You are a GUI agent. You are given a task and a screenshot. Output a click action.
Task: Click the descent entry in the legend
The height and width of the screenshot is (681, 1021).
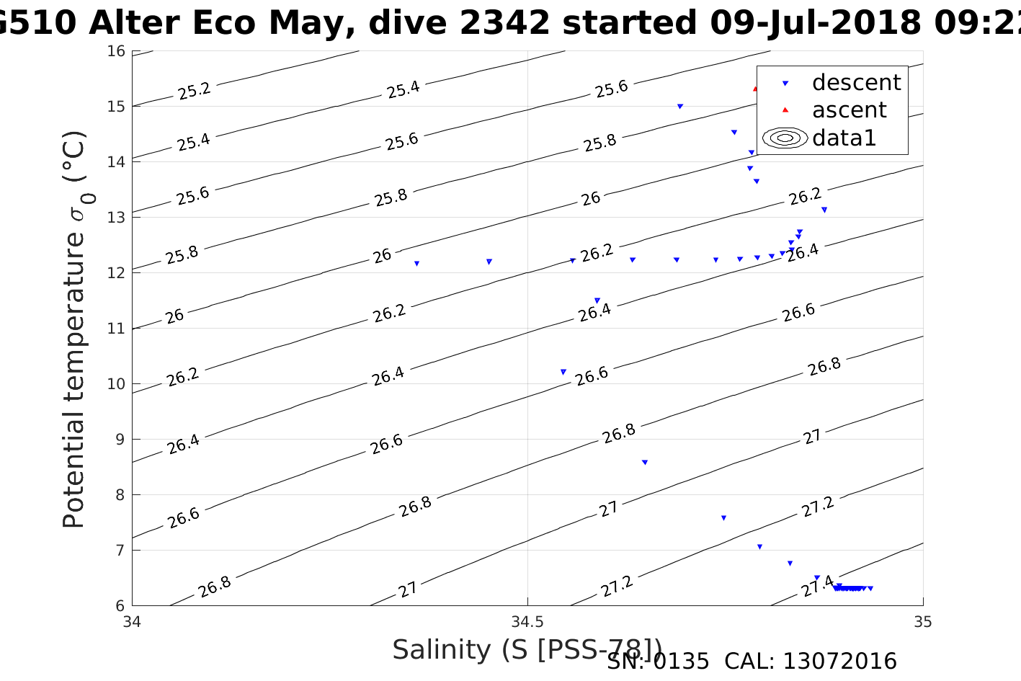856,83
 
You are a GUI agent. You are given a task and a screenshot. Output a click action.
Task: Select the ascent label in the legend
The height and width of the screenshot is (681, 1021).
849,110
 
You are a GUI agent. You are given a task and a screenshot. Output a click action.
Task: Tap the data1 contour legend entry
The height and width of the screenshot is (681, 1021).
843,138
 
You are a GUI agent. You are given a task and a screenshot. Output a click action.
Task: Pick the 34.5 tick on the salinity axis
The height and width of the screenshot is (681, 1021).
527,621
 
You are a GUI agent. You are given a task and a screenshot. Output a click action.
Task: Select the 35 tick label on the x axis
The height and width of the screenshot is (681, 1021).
923,621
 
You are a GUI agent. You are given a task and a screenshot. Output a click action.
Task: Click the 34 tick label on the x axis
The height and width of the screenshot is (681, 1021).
133,621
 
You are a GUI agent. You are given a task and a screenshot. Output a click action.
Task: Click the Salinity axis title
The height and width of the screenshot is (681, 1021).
526,650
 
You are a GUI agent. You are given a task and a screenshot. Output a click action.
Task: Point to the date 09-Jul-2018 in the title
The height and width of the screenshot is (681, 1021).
815,23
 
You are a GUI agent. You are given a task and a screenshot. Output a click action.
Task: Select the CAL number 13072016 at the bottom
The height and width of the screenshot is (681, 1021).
839,661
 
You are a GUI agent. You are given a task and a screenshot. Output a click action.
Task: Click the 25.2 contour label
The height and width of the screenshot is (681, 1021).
194,91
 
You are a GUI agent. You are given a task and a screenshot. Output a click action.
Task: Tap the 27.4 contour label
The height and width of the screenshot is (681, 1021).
817,586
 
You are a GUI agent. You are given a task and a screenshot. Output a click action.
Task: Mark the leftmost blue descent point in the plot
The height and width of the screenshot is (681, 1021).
416,264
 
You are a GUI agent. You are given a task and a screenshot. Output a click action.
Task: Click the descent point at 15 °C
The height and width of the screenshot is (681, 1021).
679,106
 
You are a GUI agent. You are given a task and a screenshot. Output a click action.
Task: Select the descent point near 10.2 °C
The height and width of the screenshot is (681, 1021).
563,372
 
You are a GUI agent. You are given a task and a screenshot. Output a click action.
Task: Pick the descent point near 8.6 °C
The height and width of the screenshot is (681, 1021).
644,462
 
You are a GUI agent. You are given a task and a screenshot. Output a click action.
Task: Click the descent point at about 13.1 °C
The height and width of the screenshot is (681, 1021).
824,210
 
